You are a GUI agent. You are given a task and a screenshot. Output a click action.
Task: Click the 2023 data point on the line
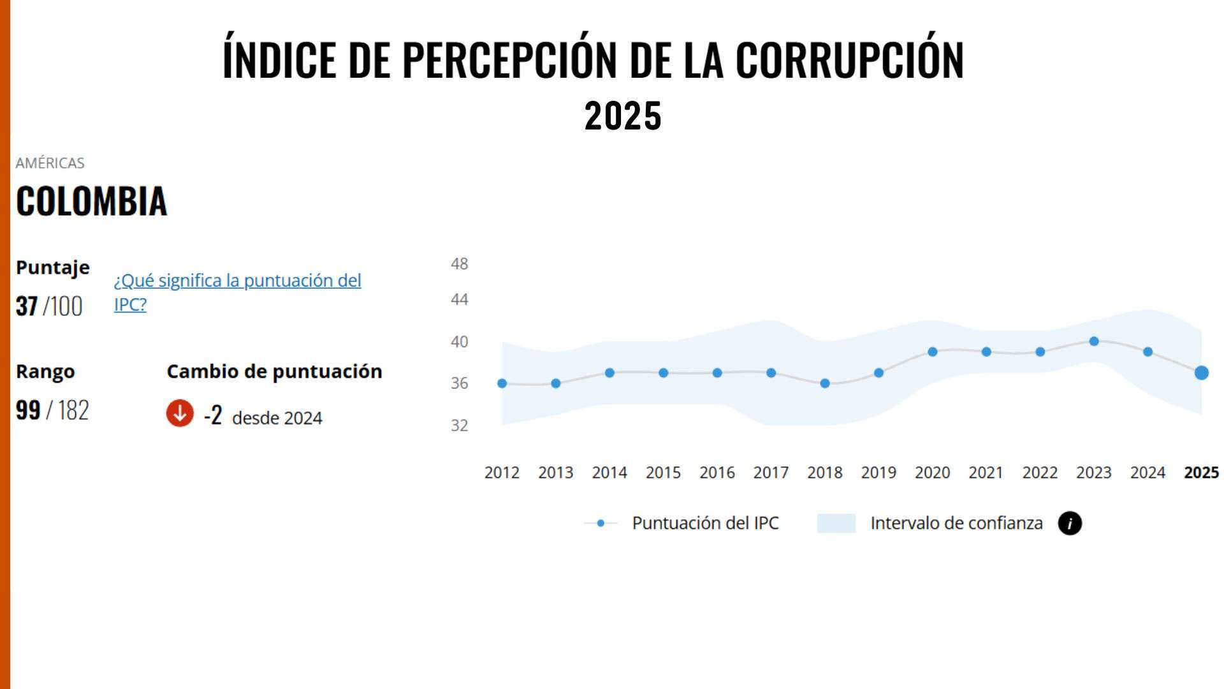[1094, 341]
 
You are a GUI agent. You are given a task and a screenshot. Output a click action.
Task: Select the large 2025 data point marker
[1201, 373]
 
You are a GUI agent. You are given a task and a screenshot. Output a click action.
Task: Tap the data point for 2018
[825, 383]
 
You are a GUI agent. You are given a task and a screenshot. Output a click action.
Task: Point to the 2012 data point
[502, 383]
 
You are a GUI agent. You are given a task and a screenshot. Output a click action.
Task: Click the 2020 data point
[933, 352]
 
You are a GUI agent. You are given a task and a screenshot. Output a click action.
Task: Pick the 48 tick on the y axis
[459, 263]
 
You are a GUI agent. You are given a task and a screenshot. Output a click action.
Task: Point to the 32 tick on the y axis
[459, 425]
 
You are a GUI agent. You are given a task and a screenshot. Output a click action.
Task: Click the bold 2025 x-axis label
[1201, 473]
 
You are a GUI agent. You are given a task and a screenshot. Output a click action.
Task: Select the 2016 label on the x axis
[717, 473]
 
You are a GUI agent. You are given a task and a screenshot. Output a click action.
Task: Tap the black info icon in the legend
[1070, 523]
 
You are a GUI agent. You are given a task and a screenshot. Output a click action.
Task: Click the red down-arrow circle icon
[180, 413]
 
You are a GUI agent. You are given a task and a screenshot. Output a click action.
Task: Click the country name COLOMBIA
[91, 201]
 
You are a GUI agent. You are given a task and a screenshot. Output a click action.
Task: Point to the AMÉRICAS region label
[50, 163]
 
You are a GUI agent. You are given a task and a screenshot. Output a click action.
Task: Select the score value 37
[27, 306]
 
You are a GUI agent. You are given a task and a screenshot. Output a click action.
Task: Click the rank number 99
[28, 410]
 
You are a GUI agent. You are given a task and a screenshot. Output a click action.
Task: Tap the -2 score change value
[213, 415]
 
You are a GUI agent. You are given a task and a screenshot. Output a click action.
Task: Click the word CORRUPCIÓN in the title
[849, 60]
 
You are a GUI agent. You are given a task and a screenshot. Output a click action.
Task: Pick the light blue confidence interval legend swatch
[836, 523]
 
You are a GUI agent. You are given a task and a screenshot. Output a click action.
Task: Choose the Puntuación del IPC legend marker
[601, 523]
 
